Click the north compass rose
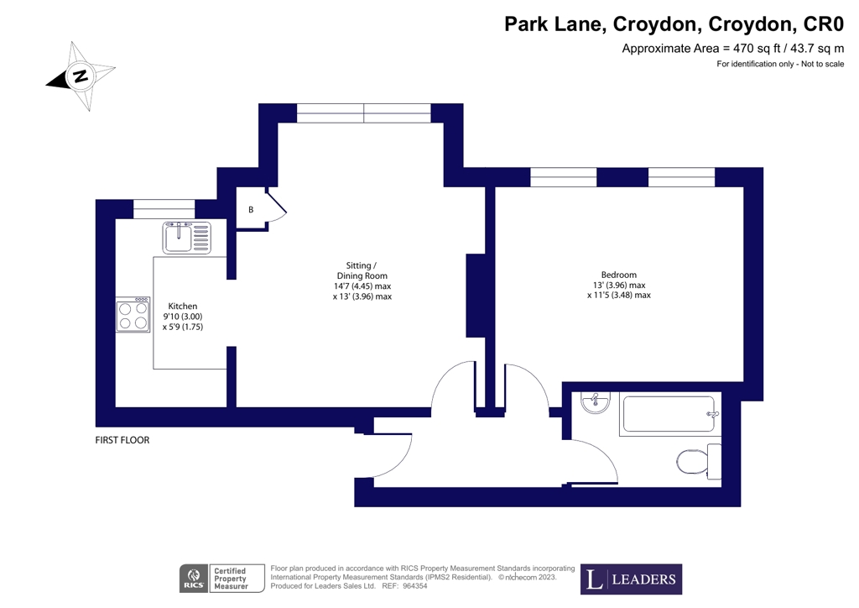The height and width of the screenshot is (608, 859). coord(81,76)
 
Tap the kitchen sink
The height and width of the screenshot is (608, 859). coord(188,238)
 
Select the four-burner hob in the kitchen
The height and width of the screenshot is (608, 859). coord(133,314)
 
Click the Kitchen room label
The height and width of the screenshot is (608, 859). coord(183,316)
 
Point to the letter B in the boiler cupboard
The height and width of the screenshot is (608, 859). coord(250,210)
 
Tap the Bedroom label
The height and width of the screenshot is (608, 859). coord(618,285)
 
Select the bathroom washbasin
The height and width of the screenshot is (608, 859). coord(595,402)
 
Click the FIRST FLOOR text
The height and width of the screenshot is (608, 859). coord(122,440)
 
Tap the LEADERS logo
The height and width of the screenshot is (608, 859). coord(631,579)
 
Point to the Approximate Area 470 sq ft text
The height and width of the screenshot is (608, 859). coord(731,49)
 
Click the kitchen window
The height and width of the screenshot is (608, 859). coord(164,208)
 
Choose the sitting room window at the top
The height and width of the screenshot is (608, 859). coord(363,113)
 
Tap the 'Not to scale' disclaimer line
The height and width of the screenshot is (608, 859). coord(779,65)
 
